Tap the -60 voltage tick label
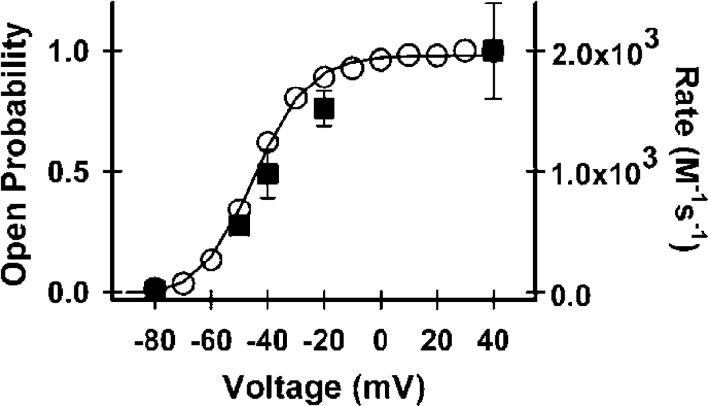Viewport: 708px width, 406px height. click(209, 335)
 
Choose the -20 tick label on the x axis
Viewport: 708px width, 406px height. click(323, 335)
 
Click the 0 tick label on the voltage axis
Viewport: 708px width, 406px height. click(381, 335)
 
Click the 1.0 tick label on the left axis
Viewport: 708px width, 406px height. click(84, 51)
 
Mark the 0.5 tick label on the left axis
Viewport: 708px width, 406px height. click(84, 172)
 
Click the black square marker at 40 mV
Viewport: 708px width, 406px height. click(494, 51)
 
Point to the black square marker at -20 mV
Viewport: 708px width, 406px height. click(324, 108)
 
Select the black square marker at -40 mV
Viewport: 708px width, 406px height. click(267, 174)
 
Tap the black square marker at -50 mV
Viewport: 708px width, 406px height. click(239, 225)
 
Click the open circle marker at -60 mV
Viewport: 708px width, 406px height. click(210, 260)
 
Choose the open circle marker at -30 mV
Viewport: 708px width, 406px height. click(295, 97)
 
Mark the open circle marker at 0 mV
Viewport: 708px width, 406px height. click(381, 60)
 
